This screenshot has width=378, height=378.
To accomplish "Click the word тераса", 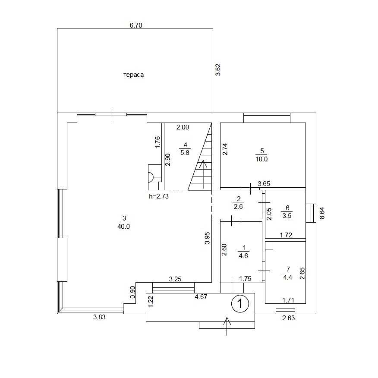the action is (134, 75).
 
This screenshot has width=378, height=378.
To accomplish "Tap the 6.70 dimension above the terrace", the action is (136, 25).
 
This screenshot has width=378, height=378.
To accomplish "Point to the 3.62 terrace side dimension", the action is (218, 69).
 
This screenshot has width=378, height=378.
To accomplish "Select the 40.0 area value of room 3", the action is (124, 227).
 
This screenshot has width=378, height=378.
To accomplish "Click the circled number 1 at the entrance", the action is (240, 303).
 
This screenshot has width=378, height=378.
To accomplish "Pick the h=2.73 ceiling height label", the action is (159, 196).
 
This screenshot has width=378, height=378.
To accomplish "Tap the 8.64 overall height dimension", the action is (322, 213).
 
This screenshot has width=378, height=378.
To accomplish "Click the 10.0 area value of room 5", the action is (261, 159).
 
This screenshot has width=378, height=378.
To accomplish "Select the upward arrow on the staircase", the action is (203, 174).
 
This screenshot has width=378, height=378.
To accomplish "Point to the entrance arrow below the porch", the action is (227, 326).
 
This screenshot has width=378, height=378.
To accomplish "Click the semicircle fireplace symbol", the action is (151, 177).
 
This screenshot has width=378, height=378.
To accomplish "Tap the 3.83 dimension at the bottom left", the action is (99, 317).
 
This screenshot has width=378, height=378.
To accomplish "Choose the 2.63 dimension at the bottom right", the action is (288, 318).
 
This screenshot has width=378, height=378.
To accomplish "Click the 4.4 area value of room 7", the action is (287, 277).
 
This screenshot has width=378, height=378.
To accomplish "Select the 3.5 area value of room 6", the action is (287, 215).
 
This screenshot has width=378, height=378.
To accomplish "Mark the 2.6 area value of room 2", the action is (238, 207).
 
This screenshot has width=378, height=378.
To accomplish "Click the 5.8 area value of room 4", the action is (185, 153).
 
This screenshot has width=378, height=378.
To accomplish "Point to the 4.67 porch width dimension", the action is (201, 296).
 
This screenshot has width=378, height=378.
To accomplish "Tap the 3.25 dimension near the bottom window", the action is (175, 279).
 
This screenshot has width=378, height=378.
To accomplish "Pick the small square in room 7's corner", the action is (269, 245).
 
